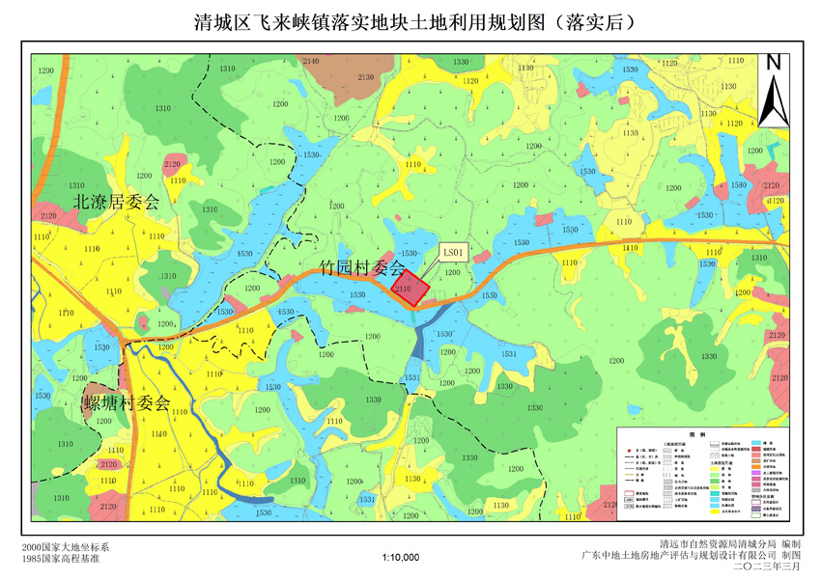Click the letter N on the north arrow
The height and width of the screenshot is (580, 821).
click(773, 62)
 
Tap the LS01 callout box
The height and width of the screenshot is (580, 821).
click(454, 253)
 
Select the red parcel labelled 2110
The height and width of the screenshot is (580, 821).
click(404, 288)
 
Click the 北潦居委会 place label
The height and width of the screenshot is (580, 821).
click(117, 202)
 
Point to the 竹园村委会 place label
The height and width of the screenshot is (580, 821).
click(361, 267)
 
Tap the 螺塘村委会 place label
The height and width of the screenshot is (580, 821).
click(126, 402)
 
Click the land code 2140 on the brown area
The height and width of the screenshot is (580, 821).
click(311, 62)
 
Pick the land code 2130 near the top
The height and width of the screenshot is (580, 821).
click(366, 77)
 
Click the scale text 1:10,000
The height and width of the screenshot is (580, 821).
click(401, 557)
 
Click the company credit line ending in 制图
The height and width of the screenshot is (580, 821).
click(691, 555)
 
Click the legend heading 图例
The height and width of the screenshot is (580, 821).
click(711, 434)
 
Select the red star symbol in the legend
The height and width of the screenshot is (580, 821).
click(629, 450)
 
